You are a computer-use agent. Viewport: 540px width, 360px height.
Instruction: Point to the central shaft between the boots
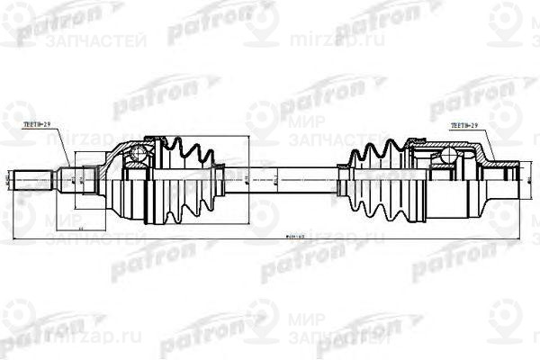coord(279,179)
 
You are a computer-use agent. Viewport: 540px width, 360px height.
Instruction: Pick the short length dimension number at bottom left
coord(82,230)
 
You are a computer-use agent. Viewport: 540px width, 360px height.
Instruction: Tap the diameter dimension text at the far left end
coord(9,180)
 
